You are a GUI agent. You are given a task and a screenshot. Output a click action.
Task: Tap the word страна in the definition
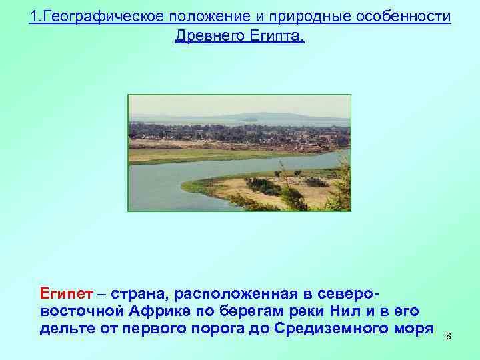click(141, 294)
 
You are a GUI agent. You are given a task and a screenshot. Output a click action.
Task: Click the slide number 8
click(448, 336)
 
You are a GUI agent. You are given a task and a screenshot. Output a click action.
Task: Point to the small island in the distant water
click(250, 121)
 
